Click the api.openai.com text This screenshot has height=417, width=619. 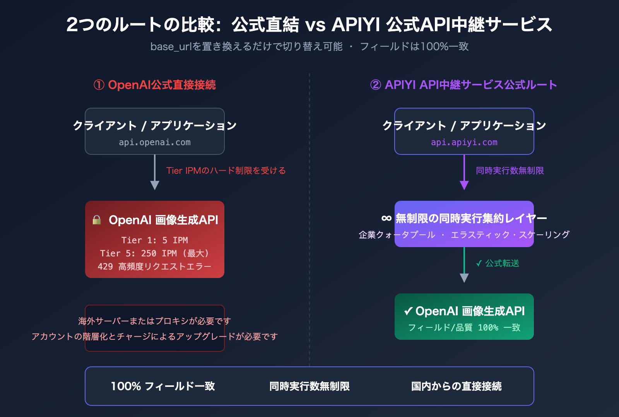[x=155, y=142]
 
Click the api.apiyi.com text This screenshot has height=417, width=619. [x=464, y=142]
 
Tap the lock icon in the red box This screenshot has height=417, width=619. [x=97, y=220]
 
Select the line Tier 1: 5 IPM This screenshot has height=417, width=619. [x=155, y=240]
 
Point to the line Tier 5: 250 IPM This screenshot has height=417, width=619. [x=155, y=253]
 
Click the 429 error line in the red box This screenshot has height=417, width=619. [x=155, y=266]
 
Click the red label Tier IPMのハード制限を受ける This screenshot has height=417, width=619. [x=226, y=171]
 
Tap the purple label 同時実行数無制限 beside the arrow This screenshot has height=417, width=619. [x=510, y=171]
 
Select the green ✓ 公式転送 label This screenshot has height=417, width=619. [x=498, y=263]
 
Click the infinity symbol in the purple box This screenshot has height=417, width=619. [x=386, y=219]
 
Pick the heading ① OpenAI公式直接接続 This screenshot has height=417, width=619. [x=155, y=85]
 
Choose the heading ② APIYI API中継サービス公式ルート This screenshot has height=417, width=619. [x=463, y=85]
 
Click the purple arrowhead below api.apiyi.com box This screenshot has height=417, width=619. [x=464, y=185]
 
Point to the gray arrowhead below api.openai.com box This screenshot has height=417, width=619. [x=155, y=185]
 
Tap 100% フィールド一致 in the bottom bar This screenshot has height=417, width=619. [x=163, y=386]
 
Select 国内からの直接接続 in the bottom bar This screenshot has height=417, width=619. [x=456, y=386]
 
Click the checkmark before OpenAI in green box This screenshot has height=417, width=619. [x=408, y=311]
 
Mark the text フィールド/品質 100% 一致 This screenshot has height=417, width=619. [x=464, y=327]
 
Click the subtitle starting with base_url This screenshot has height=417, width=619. [x=309, y=47]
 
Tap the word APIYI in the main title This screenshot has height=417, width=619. [x=356, y=25]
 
